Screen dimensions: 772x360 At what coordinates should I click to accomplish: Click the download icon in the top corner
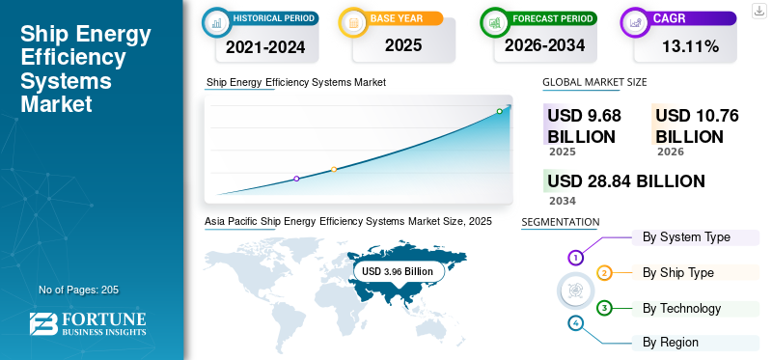click(x=759, y=11)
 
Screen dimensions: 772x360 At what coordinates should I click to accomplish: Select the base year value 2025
click(x=403, y=45)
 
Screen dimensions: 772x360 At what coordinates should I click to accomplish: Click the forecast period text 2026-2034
click(x=544, y=45)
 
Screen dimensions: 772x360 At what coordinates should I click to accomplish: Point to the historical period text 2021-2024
click(x=265, y=47)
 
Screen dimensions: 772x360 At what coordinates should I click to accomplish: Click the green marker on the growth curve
click(x=499, y=111)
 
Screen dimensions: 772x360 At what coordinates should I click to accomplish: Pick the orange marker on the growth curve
click(x=334, y=170)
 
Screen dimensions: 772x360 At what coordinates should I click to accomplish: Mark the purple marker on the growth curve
click(x=296, y=179)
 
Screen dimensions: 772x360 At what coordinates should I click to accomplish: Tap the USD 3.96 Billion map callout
click(x=398, y=271)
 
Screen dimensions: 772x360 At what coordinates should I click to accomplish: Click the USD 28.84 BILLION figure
click(x=626, y=181)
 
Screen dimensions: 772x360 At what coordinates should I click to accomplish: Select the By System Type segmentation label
click(x=686, y=237)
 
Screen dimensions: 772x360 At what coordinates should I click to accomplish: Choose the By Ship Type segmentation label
click(x=678, y=273)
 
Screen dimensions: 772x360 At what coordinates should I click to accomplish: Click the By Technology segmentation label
click(x=682, y=309)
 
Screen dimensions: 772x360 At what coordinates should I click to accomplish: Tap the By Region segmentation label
click(x=670, y=342)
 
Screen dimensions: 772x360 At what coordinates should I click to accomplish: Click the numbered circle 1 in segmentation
click(x=575, y=257)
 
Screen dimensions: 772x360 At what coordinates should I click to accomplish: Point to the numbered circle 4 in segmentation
click(x=575, y=323)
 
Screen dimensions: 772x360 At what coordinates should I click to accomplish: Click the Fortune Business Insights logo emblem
click(x=43, y=324)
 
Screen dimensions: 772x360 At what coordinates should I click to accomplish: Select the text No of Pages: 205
click(x=79, y=290)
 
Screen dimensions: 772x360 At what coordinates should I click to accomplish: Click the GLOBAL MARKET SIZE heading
click(x=594, y=82)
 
